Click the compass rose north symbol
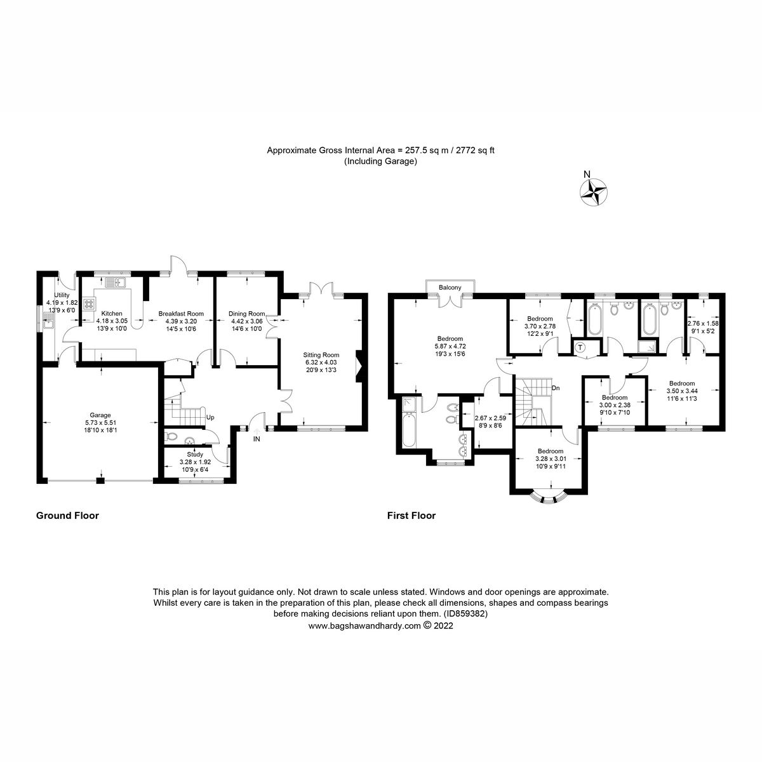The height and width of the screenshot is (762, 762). [595, 192]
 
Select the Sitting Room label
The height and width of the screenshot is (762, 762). [322, 355]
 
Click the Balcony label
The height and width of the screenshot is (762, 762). [450, 288]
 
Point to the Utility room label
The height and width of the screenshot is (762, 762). [61, 295]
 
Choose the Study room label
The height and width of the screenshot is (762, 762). [195, 454]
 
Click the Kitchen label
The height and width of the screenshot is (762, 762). [112, 314]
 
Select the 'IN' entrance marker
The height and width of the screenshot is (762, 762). [257, 439]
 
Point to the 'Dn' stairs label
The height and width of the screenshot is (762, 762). [556, 388]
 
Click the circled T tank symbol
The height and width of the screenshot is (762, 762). [580, 347]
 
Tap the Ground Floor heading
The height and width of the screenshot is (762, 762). [67, 516]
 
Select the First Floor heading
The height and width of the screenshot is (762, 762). [411, 516]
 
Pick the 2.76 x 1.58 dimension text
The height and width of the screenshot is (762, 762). [703, 323]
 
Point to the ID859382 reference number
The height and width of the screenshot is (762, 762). [465, 614]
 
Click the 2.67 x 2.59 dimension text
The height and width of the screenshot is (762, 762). [490, 418]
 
